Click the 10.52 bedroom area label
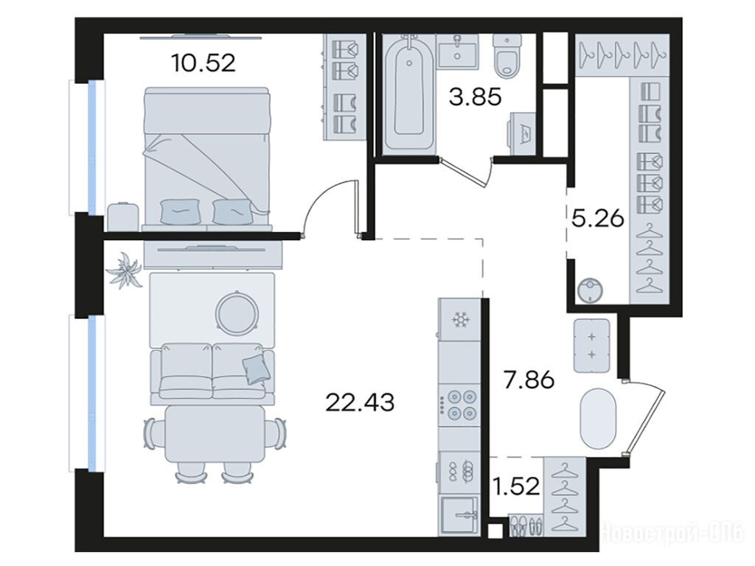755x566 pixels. (x=203, y=63)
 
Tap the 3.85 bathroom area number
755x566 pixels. (x=476, y=97)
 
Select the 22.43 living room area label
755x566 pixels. (x=360, y=402)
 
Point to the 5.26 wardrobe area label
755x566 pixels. (x=597, y=219)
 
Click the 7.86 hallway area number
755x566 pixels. (x=529, y=380)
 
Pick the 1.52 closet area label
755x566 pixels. (x=515, y=486)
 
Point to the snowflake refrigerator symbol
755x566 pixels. (x=460, y=320)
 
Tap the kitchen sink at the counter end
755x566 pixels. (x=459, y=515)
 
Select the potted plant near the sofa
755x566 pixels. (x=125, y=270)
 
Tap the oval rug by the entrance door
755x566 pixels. (x=599, y=419)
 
